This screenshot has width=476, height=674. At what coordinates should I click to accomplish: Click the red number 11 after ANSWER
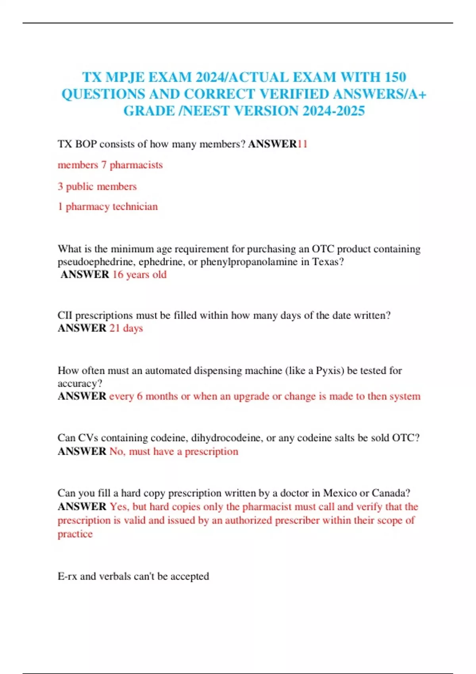point(302,144)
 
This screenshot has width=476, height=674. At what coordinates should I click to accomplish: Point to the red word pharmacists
point(136,165)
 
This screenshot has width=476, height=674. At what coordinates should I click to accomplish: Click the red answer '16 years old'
point(139,274)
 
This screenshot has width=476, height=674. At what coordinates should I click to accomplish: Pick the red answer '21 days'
point(126,328)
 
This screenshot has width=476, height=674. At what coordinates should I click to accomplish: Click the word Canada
point(390,493)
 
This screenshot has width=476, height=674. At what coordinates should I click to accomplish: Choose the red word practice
point(75,534)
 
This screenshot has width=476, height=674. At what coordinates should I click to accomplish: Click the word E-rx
point(67,576)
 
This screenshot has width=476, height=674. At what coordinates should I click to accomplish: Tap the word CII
point(65,316)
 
